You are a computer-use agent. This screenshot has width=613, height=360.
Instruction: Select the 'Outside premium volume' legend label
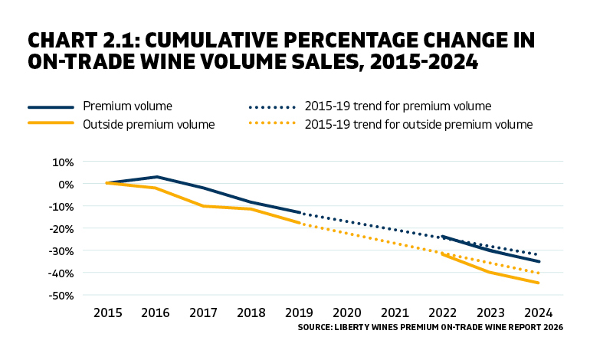pyautogui.click(x=149, y=124)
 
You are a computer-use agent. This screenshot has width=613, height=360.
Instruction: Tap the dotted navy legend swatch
pyautogui.click(x=271, y=106)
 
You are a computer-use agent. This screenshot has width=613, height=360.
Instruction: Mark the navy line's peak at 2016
pyautogui.click(x=156, y=177)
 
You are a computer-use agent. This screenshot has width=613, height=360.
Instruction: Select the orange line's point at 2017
pyautogui.click(x=204, y=206)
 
